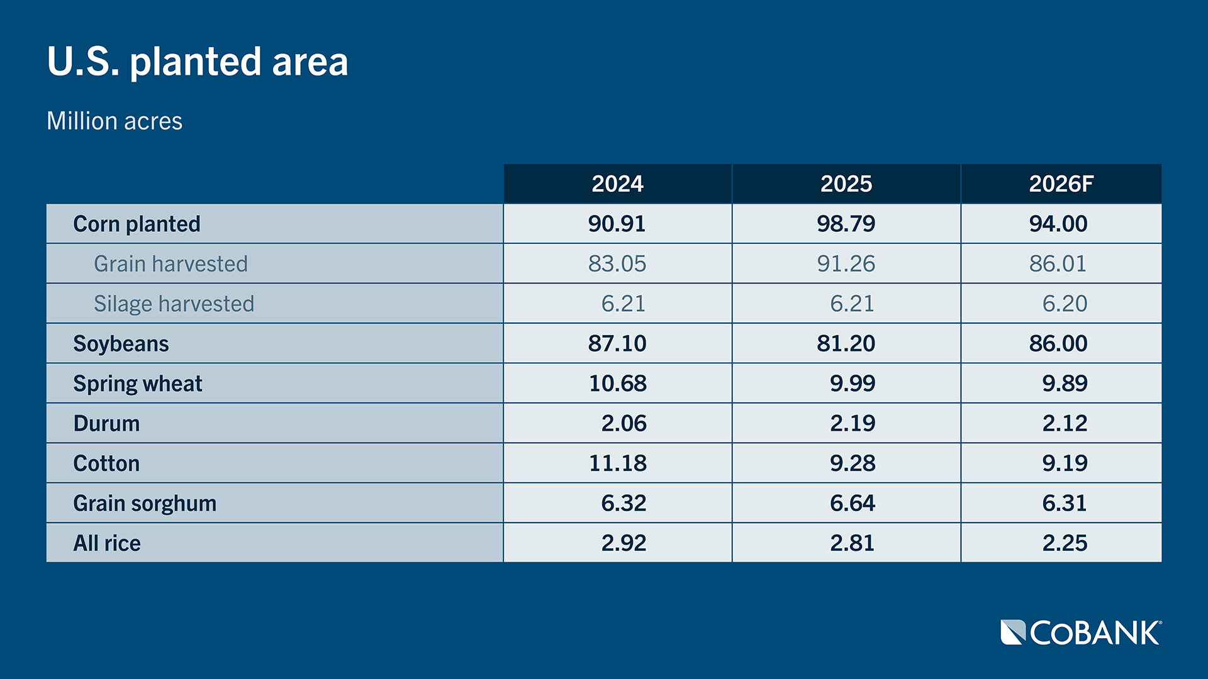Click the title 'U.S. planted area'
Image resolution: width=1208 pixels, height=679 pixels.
(198, 62)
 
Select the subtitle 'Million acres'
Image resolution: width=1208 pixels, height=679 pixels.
(115, 121)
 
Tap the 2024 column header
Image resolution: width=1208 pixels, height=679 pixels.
(617, 184)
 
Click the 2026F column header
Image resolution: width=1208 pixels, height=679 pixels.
(1061, 184)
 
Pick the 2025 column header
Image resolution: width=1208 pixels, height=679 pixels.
(846, 184)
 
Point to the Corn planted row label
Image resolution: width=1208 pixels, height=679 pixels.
(137, 224)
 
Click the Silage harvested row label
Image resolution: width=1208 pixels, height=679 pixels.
(174, 304)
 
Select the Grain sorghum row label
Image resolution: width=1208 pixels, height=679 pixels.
(145, 503)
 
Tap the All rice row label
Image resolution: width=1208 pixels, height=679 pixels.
(107, 543)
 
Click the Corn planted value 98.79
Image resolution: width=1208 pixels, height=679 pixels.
(846, 224)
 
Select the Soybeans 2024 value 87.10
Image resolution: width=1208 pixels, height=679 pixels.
(617, 343)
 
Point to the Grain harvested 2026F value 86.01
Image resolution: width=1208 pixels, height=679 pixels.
(1058, 263)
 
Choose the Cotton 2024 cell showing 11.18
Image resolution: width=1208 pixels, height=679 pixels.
(617, 463)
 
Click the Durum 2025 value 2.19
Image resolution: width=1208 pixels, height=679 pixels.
(852, 423)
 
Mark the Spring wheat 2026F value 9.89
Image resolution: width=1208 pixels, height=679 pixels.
(1065, 384)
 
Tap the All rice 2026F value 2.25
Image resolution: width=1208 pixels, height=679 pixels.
(1065, 543)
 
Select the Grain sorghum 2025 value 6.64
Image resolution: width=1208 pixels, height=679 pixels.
(852, 503)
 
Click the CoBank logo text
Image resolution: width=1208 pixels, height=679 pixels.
(1094, 633)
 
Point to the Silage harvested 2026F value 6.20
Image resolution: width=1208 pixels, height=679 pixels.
(1065, 304)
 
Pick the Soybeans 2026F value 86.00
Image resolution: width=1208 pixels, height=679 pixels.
(1058, 343)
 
